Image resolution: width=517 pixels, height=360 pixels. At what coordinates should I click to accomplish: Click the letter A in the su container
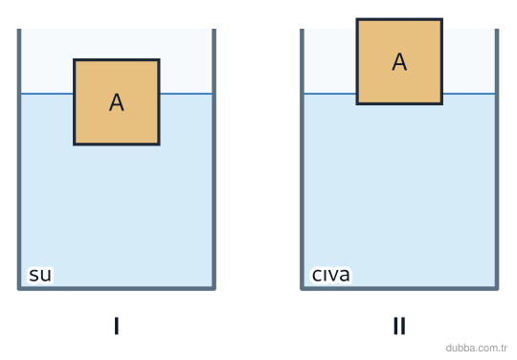pyautogui.click(x=117, y=102)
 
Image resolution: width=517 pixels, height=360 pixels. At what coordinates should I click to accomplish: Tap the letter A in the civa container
pyautogui.click(x=399, y=61)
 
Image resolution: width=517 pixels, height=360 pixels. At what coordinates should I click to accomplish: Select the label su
pyautogui.click(x=40, y=275)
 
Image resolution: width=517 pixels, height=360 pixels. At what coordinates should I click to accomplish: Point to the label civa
pyautogui.click(x=330, y=275)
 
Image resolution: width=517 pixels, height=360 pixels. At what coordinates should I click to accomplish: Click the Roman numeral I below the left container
pyautogui.click(x=117, y=326)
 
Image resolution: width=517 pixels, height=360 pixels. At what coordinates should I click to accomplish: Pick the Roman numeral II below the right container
pyautogui.click(x=399, y=326)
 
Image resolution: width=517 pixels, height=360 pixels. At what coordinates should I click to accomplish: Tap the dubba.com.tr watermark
pyautogui.click(x=476, y=348)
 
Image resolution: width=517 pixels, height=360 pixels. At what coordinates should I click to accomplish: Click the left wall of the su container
pyautogui.click(x=19, y=159)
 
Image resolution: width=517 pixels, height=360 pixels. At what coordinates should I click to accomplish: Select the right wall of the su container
pyautogui.click(x=214, y=159)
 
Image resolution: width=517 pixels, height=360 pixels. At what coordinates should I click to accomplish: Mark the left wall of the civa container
pyautogui.click(x=302, y=159)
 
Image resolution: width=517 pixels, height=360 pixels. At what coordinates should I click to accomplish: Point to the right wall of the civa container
pyautogui.click(x=497, y=159)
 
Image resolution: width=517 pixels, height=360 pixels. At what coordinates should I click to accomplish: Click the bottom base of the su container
pyautogui.click(x=117, y=288)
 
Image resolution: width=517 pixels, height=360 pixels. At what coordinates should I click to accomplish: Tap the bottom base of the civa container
pyautogui.click(x=399, y=288)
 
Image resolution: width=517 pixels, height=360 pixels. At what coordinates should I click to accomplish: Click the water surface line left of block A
pyautogui.click(x=47, y=94)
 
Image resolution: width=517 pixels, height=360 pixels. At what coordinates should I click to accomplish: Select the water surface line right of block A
pyautogui.click(x=186, y=94)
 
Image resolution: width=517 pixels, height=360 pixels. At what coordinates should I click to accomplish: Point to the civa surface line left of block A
pyautogui.click(x=330, y=94)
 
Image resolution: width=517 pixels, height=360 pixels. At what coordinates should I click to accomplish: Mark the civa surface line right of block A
pyautogui.click(x=469, y=94)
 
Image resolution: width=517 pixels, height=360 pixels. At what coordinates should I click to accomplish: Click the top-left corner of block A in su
pyautogui.click(x=74, y=59)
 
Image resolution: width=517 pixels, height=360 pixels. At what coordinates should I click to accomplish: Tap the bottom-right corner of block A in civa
pyautogui.click(x=442, y=104)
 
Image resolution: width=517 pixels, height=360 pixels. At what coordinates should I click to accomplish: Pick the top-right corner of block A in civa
pyautogui.click(x=442, y=19)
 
